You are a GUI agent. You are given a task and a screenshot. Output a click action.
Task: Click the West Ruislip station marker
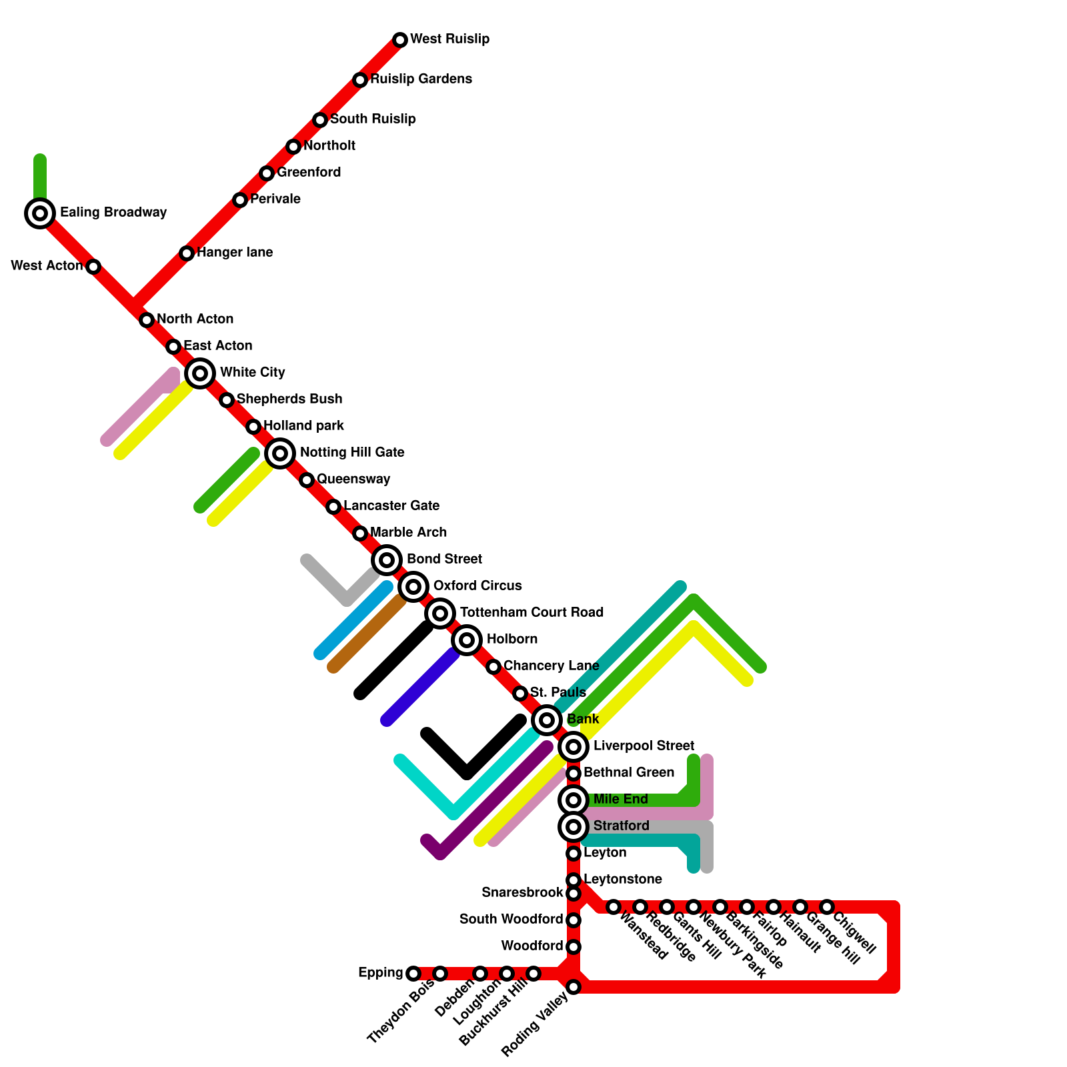click(400, 40)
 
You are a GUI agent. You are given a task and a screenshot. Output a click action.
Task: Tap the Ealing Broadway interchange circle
click(40, 213)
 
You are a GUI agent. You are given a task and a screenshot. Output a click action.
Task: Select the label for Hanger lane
click(235, 253)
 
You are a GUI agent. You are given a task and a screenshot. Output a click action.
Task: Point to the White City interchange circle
click(200, 373)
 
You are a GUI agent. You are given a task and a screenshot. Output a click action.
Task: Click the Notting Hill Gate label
click(352, 453)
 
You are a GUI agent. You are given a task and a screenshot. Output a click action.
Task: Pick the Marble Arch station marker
click(360, 533)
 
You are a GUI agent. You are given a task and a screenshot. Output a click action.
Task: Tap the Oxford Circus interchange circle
click(413, 587)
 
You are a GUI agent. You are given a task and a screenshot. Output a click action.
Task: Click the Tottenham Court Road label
click(531, 613)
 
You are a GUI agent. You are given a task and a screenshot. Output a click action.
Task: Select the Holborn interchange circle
click(467, 640)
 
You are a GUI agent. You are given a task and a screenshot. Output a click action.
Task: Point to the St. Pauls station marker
click(520, 694)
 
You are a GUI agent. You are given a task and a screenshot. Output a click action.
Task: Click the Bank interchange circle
click(547, 720)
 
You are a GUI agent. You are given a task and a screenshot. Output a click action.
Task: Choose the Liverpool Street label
click(644, 746)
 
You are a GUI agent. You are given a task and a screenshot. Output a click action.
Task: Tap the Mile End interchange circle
click(574, 800)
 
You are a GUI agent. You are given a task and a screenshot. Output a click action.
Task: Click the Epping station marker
click(413, 974)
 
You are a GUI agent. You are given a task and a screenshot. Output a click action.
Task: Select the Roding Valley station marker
click(574, 987)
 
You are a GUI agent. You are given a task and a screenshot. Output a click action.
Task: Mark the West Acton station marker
click(93, 267)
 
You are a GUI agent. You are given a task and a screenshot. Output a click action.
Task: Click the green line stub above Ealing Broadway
click(40, 177)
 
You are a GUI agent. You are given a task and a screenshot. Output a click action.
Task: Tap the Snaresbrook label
click(522, 893)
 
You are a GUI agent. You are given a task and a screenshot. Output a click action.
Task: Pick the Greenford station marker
click(267, 173)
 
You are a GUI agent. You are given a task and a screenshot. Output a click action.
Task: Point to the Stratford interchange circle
click(574, 827)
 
